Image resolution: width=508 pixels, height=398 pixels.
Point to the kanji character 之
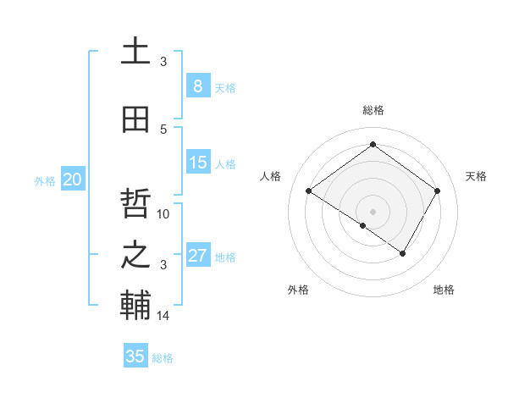point(135,256)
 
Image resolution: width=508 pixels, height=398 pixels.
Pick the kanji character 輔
point(135,307)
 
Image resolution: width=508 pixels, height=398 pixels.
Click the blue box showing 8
point(197,86)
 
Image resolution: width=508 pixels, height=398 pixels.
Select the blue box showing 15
point(197,163)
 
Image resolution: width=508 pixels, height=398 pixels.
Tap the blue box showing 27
point(197,256)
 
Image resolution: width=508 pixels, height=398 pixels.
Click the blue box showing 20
point(73,179)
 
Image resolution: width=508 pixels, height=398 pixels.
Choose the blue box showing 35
point(135,357)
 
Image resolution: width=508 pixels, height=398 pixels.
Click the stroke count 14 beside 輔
point(163,316)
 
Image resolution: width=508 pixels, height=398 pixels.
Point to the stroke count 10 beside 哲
point(163,213)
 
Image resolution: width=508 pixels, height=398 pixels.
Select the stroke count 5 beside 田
point(163,129)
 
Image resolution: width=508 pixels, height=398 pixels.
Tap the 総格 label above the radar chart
point(373,110)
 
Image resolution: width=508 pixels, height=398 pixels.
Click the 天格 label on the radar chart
point(476,176)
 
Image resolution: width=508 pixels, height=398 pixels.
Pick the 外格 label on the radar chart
point(298,290)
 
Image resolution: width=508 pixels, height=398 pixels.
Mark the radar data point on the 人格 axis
point(309,191)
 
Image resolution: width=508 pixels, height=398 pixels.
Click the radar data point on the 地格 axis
point(403,253)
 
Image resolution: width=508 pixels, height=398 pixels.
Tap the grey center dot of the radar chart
point(373,211)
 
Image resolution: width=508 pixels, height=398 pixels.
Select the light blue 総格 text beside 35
point(163,358)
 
